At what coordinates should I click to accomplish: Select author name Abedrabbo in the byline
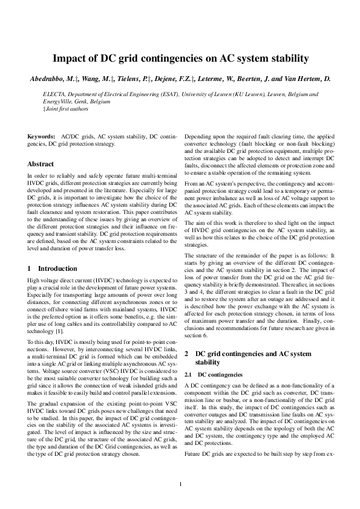tap(51, 79)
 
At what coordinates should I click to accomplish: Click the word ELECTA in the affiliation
tap(55, 95)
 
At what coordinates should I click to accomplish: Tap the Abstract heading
tap(41, 163)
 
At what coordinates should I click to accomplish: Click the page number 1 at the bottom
tap(180, 484)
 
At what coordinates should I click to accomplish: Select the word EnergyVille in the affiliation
tap(57, 102)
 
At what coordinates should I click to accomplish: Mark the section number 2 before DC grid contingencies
tap(186, 352)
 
